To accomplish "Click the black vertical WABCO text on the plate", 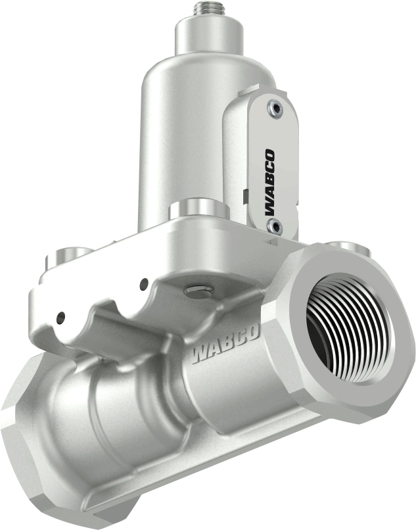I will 269,181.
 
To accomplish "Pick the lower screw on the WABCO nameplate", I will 275,228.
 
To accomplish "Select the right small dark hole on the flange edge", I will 143,284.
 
